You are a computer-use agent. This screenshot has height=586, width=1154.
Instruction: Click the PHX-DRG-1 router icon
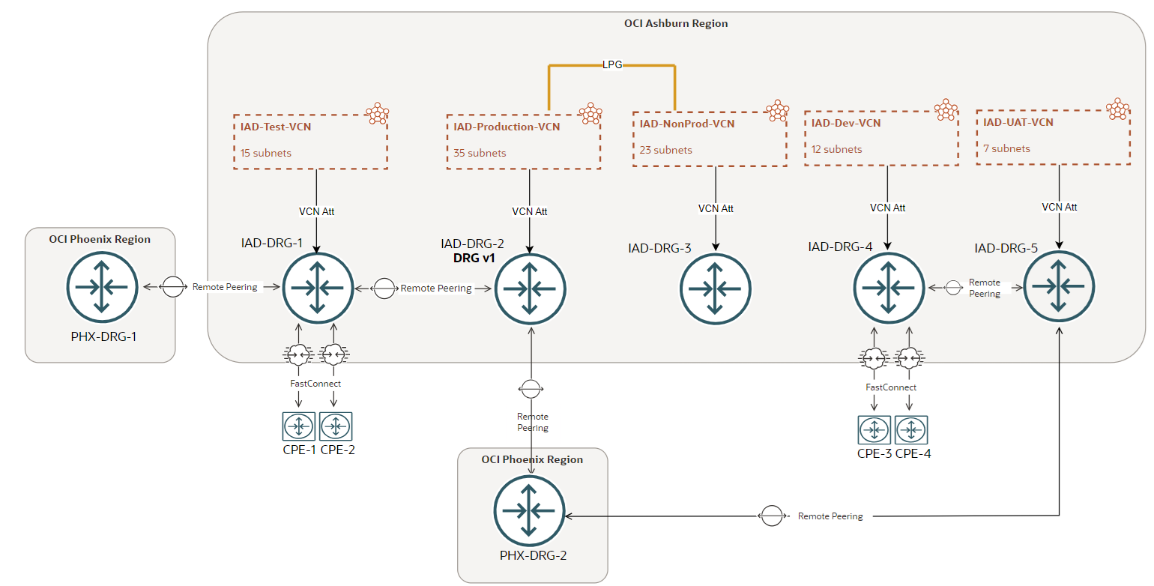coord(102,287)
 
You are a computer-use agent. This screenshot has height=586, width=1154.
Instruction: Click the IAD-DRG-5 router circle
coord(1059,286)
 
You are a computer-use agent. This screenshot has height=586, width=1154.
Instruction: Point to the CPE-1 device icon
coord(299,426)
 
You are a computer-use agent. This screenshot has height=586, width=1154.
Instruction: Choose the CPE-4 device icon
coord(910,430)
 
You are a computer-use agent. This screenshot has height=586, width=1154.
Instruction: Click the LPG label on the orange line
coord(612,66)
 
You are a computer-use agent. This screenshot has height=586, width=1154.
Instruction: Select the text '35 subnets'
coord(480,153)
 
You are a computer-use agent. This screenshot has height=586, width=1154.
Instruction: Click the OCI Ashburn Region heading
coord(675,23)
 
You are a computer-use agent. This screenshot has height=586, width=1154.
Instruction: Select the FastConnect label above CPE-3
coord(891,387)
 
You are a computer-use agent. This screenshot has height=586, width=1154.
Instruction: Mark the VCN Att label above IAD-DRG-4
coord(888,208)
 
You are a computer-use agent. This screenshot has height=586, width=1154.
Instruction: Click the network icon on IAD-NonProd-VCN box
coord(778,111)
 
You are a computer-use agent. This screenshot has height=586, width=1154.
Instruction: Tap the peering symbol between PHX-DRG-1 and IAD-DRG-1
coord(173,287)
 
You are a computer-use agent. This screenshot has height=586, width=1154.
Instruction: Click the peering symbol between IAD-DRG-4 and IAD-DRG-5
coord(952,287)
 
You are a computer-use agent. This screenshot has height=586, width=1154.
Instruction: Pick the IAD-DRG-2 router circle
coord(530,288)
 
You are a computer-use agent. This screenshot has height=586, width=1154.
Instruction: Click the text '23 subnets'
coord(666,150)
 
